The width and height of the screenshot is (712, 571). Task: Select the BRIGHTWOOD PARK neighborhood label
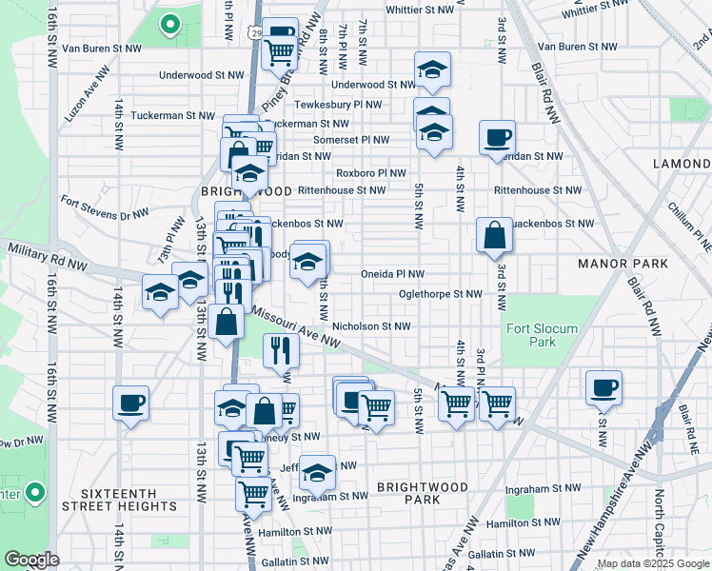(422, 493)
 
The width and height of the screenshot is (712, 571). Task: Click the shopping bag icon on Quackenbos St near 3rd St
(495, 234)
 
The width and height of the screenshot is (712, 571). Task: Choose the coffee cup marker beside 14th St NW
(130, 402)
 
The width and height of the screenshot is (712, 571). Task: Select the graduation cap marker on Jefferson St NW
(317, 471)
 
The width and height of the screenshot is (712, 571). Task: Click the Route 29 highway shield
(258, 32)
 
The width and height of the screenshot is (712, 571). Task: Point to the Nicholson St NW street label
(371, 326)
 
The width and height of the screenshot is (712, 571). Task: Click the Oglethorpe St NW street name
(441, 295)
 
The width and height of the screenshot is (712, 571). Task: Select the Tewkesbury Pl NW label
(338, 105)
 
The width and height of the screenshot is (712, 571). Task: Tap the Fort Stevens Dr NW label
(104, 207)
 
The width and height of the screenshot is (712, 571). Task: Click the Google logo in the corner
(31, 560)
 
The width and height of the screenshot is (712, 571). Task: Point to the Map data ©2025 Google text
(653, 563)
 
